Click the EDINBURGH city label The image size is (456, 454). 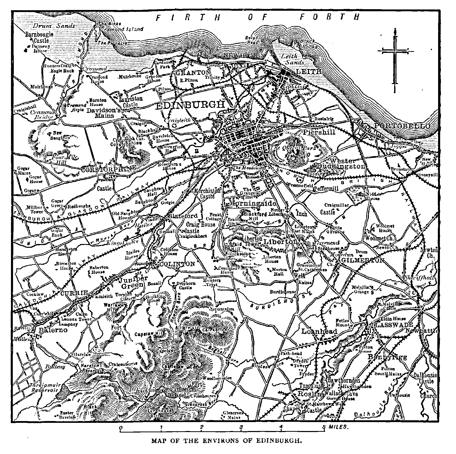click(x=190, y=105)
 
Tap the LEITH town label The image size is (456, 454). click(x=309, y=72)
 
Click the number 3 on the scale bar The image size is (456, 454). click(x=241, y=427)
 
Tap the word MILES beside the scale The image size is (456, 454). click(x=338, y=427)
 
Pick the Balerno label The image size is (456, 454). click(x=53, y=330)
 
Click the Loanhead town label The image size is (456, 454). click(x=319, y=331)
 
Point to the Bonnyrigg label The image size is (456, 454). click(x=387, y=357)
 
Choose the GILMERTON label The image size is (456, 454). click(x=363, y=260)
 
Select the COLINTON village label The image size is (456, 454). click(x=177, y=264)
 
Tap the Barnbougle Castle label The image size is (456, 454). click(x=39, y=37)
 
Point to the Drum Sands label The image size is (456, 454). click(x=54, y=26)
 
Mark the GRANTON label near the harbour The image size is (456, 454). click(x=193, y=73)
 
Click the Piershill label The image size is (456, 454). click(x=319, y=132)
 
